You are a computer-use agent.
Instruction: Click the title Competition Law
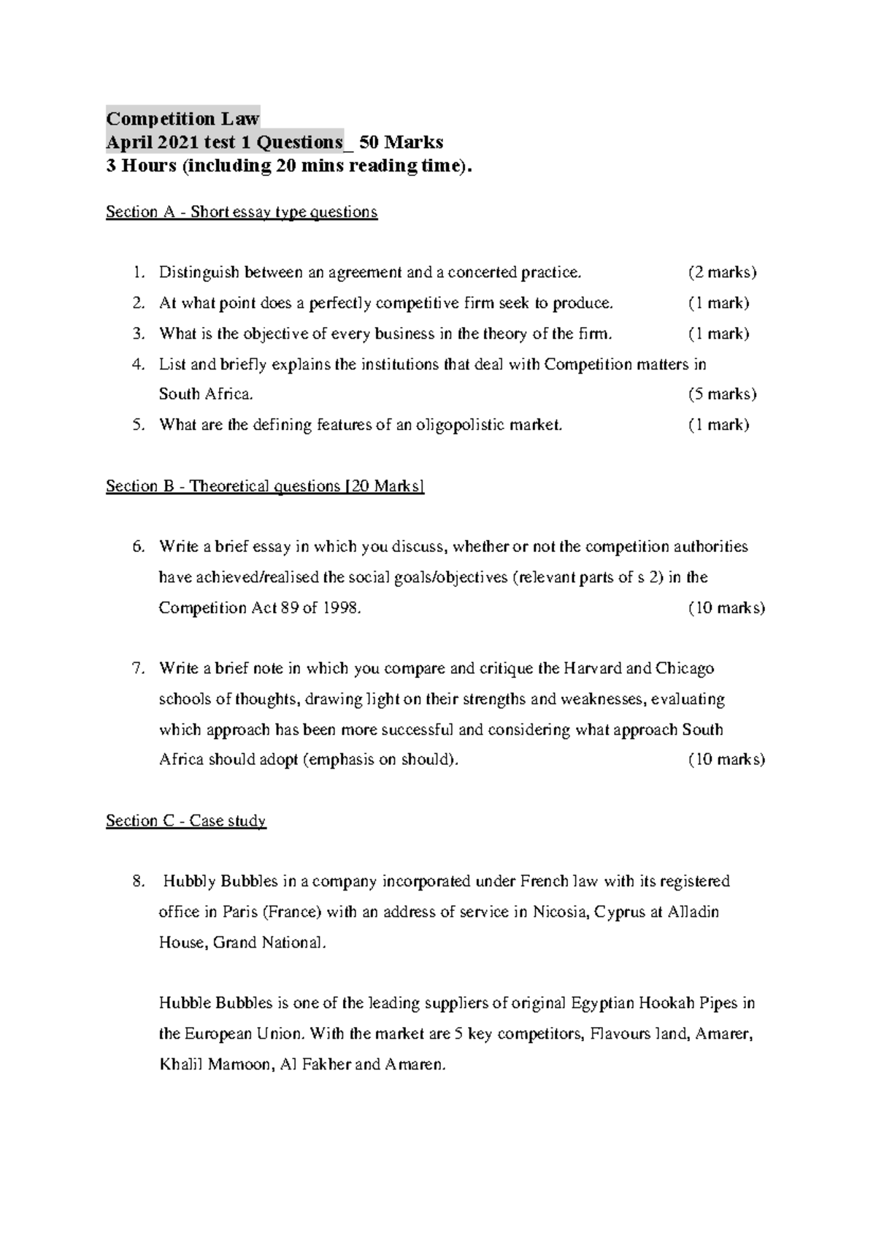[x=182, y=118]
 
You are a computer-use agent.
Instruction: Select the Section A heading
[x=242, y=212]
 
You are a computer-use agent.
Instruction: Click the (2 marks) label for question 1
[x=722, y=272]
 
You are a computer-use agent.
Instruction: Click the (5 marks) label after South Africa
[x=722, y=394]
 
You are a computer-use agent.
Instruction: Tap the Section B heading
[x=265, y=486]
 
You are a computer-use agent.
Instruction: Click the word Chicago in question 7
[x=685, y=669]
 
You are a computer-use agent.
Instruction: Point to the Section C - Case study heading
[x=186, y=820]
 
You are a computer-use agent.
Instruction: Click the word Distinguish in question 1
[x=199, y=272]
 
